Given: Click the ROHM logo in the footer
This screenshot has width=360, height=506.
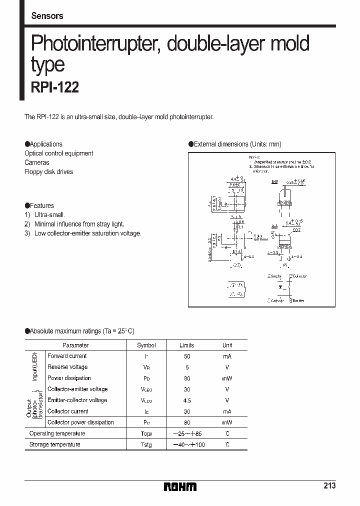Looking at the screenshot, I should click(180, 486).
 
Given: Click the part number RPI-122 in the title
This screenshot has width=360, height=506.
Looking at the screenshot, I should click(55, 87).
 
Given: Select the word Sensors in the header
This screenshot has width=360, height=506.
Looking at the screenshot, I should click(47, 16).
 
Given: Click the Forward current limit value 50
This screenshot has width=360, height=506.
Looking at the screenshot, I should click(187, 356).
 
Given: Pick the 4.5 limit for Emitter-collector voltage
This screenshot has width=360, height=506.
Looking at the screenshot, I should click(187, 400).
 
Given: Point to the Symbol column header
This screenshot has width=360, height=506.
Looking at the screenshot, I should click(146, 345).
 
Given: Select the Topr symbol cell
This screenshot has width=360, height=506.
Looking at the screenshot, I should click(146, 433).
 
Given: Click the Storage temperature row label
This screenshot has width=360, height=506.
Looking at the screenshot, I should click(54, 444).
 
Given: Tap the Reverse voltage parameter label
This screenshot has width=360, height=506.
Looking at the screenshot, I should click(67, 367).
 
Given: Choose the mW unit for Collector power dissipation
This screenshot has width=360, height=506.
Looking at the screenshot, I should click(227, 422).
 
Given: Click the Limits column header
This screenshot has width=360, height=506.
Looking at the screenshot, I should click(187, 345).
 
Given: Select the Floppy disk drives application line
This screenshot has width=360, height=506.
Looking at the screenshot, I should click(48, 172).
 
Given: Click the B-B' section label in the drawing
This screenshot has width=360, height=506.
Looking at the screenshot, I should click(275, 182).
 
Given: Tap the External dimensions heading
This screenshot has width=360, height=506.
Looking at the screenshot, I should click(235, 144).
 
